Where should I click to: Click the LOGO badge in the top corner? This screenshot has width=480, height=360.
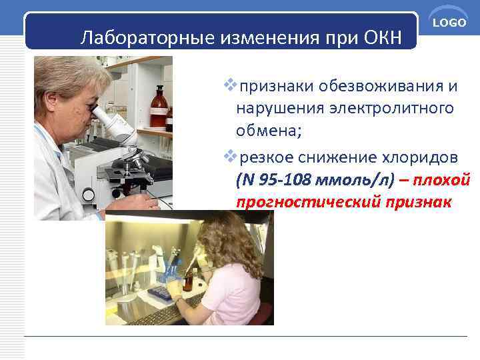coord(449,24)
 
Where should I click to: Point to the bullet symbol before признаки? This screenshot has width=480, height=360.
coord(231,85)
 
